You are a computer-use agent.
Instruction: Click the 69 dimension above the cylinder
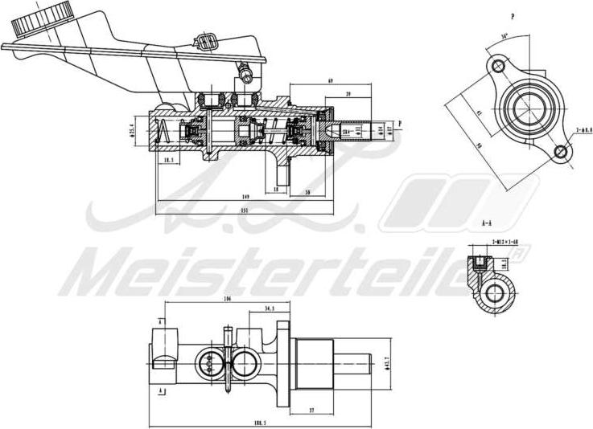[331, 81]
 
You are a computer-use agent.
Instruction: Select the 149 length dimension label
[244, 195]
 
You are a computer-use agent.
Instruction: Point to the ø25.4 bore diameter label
[132, 131]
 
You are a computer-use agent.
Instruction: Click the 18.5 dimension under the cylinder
[169, 161]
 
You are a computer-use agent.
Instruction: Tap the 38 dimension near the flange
[308, 193]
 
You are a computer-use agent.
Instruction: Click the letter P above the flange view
[512, 15]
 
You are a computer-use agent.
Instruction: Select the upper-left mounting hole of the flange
[497, 64]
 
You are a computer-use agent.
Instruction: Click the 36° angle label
[503, 35]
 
